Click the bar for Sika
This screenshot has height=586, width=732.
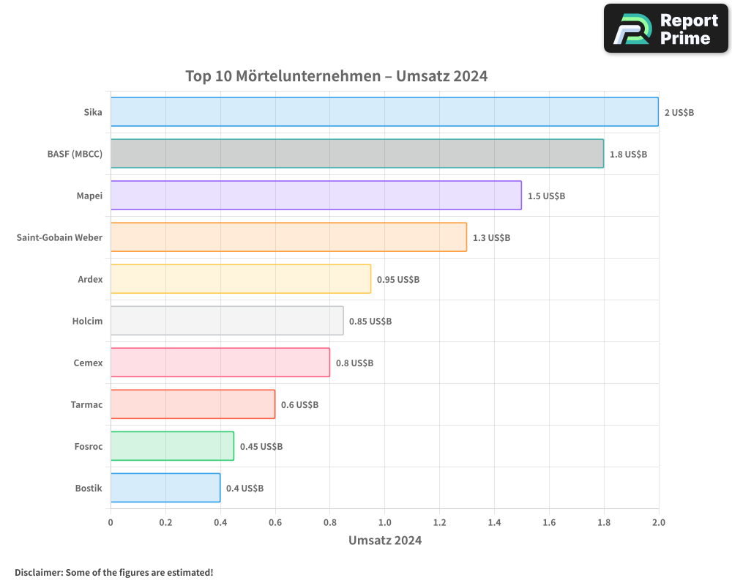(x=384, y=111)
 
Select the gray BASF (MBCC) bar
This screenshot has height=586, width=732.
(x=357, y=153)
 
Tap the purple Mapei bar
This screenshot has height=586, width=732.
(x=315, y=195)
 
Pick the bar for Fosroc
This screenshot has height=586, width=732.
(x=172, y=446)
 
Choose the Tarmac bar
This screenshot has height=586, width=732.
(x=193, y=404)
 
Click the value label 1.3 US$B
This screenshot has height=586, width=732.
(x=491, y=237)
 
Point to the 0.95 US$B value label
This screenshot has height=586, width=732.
(x=397, y=279)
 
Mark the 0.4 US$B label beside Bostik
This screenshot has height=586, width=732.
(x=244, y=488)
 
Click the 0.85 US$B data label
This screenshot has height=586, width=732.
(x=370, y=321)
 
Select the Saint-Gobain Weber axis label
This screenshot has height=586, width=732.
(x=59, y=237)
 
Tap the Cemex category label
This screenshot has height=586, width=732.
(x=88, y=363)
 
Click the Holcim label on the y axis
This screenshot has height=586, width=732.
(x=87, y=321)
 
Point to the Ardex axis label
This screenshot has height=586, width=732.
(x=90, y=279)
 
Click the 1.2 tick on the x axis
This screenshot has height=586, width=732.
(x=439, y=522)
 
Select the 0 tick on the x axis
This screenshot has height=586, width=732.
(x=111, y=522)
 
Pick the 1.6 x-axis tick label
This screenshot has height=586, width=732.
(x=549, y=522)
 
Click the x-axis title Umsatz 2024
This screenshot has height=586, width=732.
(x=384, y=541)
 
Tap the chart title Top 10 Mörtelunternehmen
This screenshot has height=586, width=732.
(x=336, y=76)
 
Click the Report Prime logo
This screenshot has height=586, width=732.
(x=665, y=29)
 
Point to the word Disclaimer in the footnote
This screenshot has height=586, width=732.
(x=37, y=572)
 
